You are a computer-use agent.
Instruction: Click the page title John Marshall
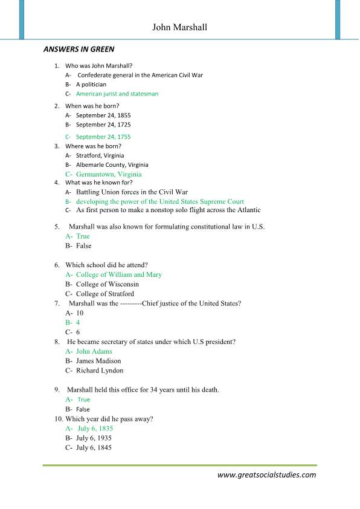(179, 27)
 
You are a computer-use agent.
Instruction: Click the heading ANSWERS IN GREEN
(79, 49)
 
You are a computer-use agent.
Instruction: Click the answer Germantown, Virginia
(109, 174)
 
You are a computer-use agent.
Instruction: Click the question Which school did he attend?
(106, 265)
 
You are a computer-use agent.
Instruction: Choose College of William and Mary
(118, 274)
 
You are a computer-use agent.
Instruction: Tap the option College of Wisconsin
(107, 284)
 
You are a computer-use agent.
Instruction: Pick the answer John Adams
(94, 351)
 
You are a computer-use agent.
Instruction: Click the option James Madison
(98, 361)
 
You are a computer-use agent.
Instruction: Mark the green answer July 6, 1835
(95, 428)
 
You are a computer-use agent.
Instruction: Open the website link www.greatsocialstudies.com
(266, 475)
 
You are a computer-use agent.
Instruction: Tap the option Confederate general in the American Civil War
(140, 75)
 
